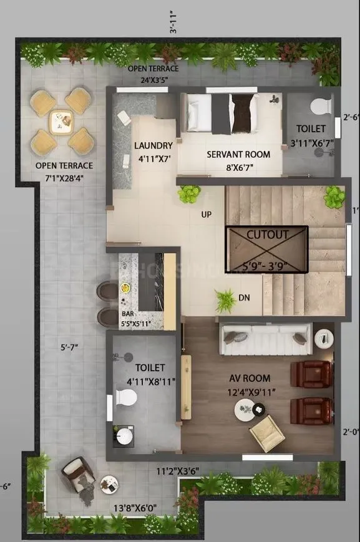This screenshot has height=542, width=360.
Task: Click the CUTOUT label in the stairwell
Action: [x=267, y=235]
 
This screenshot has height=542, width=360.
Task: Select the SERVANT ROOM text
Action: [x=238, y=154]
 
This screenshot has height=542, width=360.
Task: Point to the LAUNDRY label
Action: [x=153, y=146]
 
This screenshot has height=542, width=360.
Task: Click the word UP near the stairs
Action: [x=206, y=215]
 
